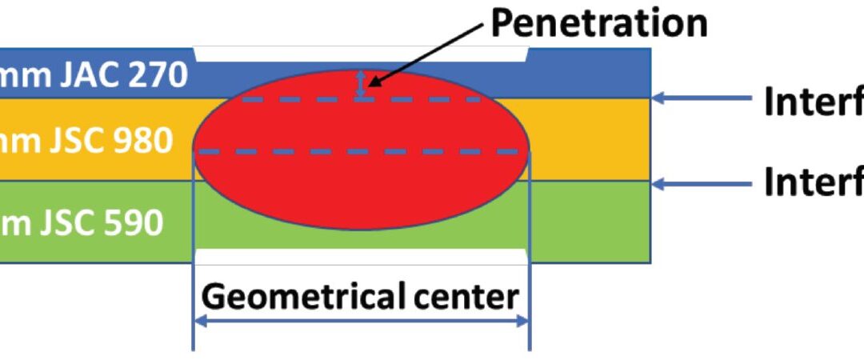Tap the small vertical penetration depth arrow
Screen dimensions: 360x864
(361, 84)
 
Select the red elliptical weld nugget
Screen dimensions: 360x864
(362, 184)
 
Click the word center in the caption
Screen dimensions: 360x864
(472, 297)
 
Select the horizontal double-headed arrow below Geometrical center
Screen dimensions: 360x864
(362, 321)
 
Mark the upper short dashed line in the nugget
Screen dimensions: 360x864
(362, 100)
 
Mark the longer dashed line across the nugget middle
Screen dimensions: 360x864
(362, 151)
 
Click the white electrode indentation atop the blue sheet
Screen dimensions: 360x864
(362, 54)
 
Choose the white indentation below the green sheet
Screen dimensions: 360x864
(362, 258)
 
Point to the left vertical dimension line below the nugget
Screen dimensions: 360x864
(194, 304)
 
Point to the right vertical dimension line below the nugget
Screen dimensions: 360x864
(530, 304)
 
